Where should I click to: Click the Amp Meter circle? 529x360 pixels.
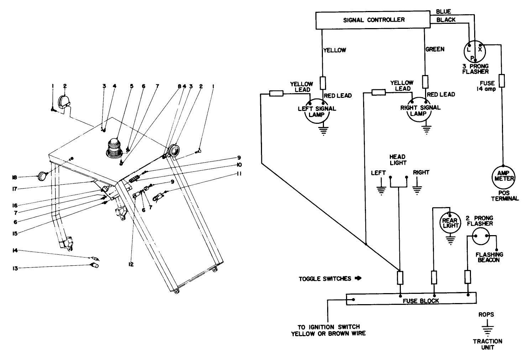click(x=503, y=175)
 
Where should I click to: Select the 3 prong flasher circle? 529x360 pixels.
click(x=475, y=50)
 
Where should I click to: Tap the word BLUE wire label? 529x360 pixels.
click(x=443, y=12)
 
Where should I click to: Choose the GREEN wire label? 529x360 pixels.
click(x=435, y=49)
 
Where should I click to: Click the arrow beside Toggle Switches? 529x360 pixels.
click(x=358, y=278)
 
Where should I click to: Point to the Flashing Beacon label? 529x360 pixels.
click(x=489, y=257)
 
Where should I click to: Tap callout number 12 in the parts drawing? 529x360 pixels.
click(x=131, y=264)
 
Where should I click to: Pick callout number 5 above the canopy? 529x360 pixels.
click(x=131, y=86)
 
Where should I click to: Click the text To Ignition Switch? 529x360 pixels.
click(x=328, y=327)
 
